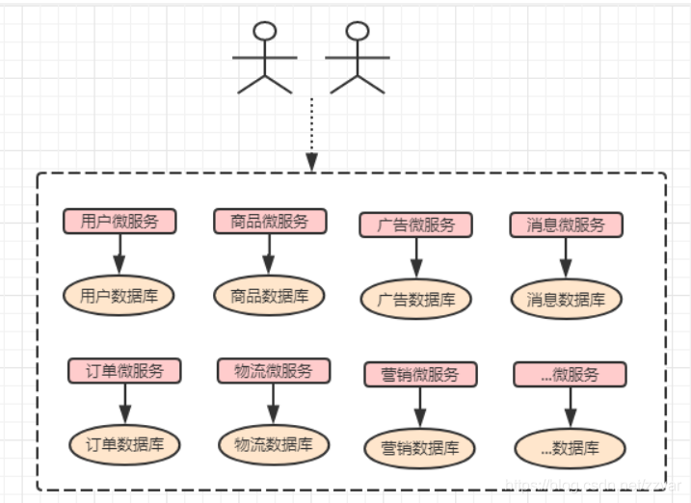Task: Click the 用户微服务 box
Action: point(120,221)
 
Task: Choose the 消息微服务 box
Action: point(567,225)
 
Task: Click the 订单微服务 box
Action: point(123,370)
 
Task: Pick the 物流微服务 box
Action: point(274,370)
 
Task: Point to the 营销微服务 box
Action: point(420,375)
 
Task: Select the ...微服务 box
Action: point(570,374)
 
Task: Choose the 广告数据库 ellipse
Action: point(417,300)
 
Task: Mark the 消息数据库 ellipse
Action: point(567,300)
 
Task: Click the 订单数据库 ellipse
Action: point(123,444)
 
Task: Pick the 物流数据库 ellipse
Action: point(274,444)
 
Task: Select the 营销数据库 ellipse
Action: point(420,448)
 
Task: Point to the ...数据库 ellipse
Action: point(570,448)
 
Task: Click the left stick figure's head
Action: point(265,31)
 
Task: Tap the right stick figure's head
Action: point(358,31)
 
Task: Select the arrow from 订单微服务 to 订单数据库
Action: point(123,403)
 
